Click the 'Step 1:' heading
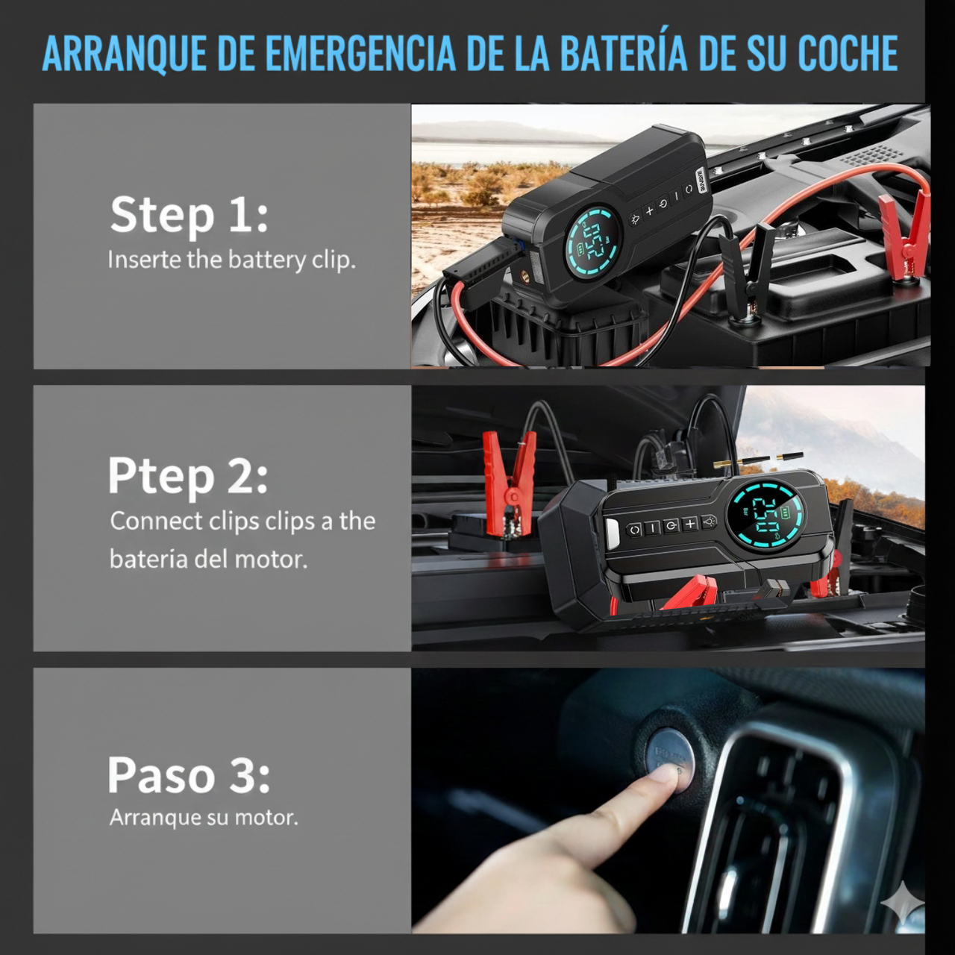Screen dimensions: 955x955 click(x=189, y=215)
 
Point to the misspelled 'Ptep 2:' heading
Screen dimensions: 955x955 click(x=188, y=477)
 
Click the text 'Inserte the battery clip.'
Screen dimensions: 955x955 click(x=231, y=260)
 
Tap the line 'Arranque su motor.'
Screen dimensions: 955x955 click(x=204, y=818)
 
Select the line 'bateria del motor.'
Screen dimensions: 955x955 click(x=208, y=560)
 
